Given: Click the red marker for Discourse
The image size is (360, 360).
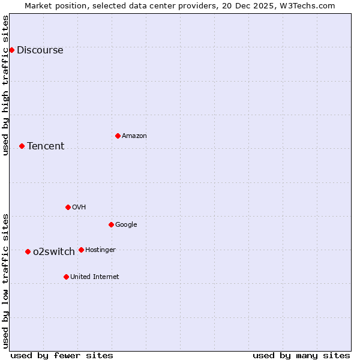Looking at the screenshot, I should [x=11, y=50].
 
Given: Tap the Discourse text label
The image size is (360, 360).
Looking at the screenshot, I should [x=40, y=50].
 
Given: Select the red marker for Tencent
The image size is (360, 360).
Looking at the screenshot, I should [x=22, y=146].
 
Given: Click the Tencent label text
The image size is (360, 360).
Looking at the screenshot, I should [x=46, y=146].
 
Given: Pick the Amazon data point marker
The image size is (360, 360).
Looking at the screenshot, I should [x=118, y=136].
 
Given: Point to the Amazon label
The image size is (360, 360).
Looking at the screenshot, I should [x=134, y=136].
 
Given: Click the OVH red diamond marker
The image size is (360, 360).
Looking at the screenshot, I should [x=68, y=207].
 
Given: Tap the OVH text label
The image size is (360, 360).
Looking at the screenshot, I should [x=79, y=208].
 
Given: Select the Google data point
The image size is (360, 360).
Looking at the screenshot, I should [x=111, y=224].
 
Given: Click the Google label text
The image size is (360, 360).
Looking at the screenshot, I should [x=126, y=225].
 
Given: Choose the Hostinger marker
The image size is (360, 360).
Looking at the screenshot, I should [x=81, y=250].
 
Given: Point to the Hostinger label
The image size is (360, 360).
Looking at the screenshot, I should [x=100, y=250].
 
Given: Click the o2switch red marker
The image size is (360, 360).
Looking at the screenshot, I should [x=28, y=251].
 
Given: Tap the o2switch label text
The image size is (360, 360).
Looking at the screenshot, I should [x=54, y=252].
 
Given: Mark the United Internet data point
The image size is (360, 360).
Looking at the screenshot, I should [x=66, y=277].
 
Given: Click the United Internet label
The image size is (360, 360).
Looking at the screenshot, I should [x=94, y=277].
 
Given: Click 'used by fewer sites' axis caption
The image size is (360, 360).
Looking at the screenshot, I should [x=62, y=355].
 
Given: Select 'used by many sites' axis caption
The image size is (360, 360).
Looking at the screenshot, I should [x=301, y=355].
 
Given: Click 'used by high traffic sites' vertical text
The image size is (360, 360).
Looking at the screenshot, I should [x=5, y=85].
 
